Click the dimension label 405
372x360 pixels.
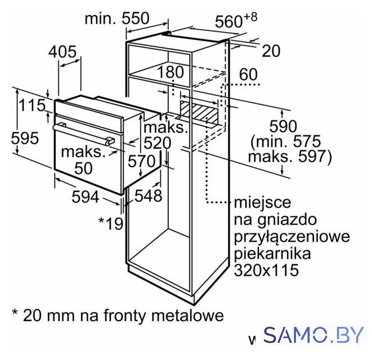62,51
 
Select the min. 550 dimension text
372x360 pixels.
117,18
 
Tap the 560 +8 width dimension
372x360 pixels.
236,20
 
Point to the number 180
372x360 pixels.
171,72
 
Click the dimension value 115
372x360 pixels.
32,105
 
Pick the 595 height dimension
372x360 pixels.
25,138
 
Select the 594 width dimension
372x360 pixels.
86,197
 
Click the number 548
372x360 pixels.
148,196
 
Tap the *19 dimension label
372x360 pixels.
111,223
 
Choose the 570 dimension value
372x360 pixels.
142,161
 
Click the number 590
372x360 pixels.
283,126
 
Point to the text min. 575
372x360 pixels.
286,142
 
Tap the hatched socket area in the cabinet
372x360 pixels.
199,112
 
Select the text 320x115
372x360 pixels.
266,270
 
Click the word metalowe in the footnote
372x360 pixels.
187,315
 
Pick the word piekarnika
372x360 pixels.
272,253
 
